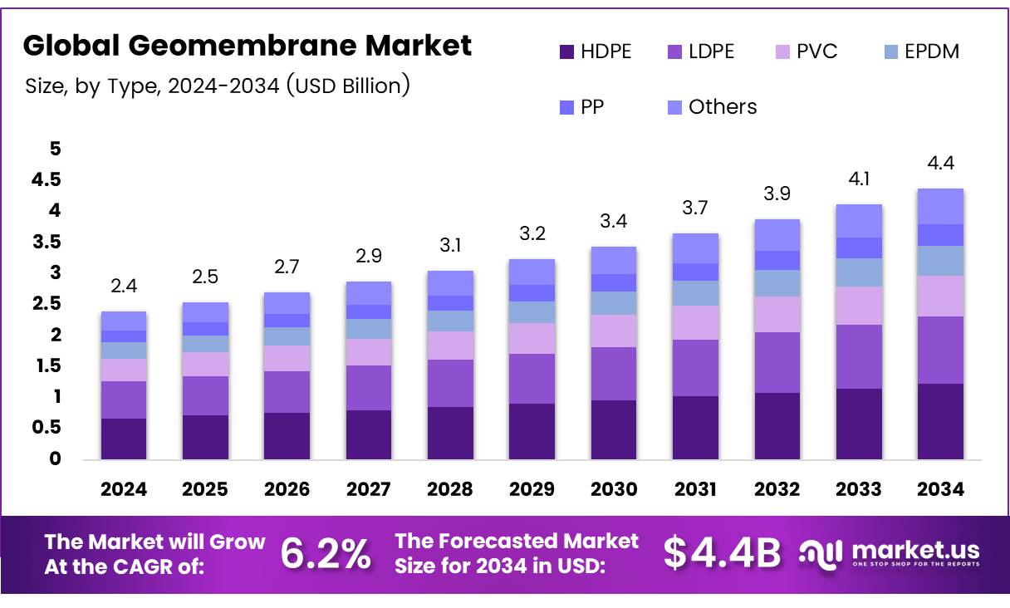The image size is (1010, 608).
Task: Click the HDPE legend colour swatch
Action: tap(567, 52)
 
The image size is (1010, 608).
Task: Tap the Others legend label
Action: tap(723, 107)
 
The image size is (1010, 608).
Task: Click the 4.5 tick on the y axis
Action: tap(47, 180)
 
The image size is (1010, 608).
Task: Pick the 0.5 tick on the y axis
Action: tap(47, 428)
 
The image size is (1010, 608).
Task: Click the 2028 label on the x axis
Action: tap(449, 489)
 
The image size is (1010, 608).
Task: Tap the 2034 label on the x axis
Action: tap(940, 489)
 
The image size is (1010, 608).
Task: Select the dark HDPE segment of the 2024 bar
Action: tap(123, 438)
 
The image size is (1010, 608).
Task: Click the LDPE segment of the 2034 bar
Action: tap(940, 350)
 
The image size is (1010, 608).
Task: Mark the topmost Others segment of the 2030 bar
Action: tap(613, 260)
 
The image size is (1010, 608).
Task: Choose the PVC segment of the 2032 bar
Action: tap(777, 314)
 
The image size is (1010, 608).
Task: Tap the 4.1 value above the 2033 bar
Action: tap(858, 179)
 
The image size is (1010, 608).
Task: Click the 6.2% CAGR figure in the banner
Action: tap(326, 554)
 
